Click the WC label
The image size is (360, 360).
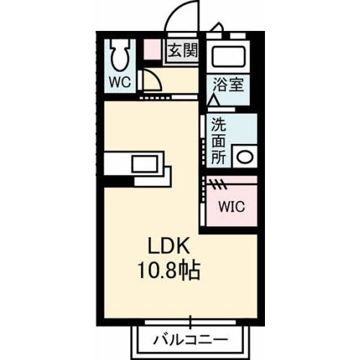point(120,82)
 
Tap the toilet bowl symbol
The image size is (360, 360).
point(120,55)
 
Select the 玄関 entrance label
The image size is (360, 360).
point(182,50)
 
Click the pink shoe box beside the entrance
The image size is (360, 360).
point(152,50)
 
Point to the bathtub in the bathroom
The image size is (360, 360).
point(228,57)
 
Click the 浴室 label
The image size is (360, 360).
point(228,84)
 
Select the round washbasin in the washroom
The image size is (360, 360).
point(245,157)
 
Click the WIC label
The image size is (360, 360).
point(232,206)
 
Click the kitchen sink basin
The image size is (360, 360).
point(145,163)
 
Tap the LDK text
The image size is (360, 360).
point(168,246)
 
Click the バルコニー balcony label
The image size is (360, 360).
point(191,340)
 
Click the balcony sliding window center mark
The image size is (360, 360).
point(190,322)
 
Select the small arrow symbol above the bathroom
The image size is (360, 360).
point(217,27)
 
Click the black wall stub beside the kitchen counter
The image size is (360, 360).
point(119,181)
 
